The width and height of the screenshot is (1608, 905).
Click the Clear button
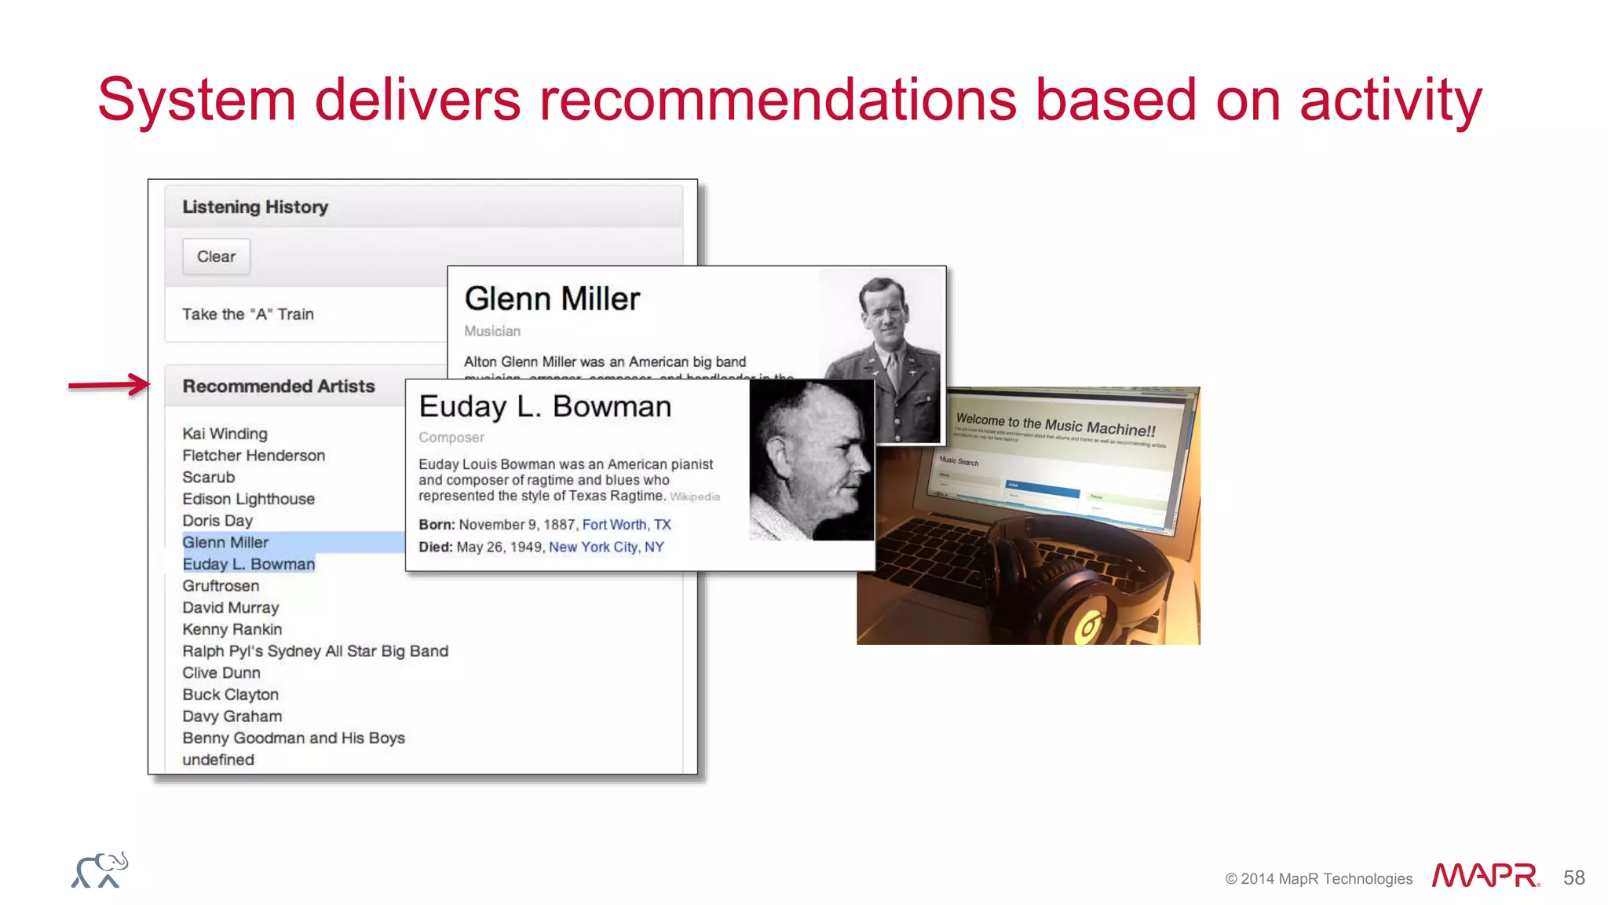coord(216,257)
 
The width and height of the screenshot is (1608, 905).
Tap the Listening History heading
coord(255,207)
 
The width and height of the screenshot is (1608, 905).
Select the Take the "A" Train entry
coord(248,314)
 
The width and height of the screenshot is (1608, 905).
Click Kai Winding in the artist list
coord(225,434)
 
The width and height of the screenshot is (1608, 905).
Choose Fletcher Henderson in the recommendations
coord(254,456)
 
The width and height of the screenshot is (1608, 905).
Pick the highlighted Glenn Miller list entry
coord(226,542)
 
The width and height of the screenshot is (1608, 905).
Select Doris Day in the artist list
coord(217,521)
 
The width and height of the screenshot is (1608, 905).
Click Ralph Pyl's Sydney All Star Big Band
coord(315,651)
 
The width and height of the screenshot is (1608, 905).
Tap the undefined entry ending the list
coord(218,760)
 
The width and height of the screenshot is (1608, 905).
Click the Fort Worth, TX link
coord(627,525)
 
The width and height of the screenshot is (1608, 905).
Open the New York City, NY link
coord(606,547)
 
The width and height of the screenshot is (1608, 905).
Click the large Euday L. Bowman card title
coord(545,407)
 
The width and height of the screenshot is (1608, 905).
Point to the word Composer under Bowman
coord(451,438)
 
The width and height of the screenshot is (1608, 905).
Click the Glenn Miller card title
coord(552,299)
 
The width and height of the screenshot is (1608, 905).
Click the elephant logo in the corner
coord(100,870)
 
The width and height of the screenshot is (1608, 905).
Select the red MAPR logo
coord(1485,876)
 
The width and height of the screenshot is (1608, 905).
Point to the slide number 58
coord(1573,878)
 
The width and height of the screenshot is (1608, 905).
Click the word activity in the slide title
coord(1391,101)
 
